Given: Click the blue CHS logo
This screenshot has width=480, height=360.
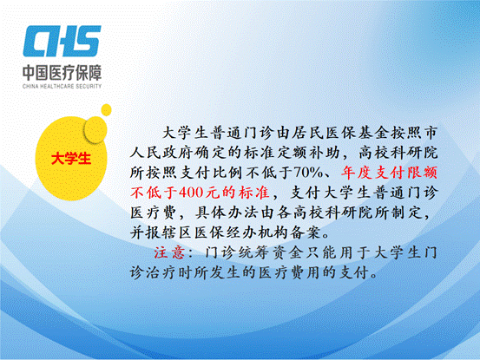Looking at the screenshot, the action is (62, 41).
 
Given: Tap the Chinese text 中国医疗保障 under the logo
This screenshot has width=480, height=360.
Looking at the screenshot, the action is (62, 73).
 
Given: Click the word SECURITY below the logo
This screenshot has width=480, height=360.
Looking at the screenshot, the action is (89, 86).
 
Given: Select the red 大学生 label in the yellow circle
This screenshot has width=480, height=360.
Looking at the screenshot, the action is (71, 159).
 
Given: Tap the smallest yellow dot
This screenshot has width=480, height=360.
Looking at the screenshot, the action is (106, 110).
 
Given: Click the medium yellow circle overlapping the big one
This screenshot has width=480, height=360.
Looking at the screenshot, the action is (95, 129).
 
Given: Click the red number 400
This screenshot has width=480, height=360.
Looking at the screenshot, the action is (190, 193).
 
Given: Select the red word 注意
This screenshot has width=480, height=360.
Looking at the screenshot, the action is (169, 252).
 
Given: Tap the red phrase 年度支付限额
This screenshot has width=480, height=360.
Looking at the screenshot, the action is (389, 173).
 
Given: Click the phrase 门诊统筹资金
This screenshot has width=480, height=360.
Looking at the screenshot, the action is (253, 252).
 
